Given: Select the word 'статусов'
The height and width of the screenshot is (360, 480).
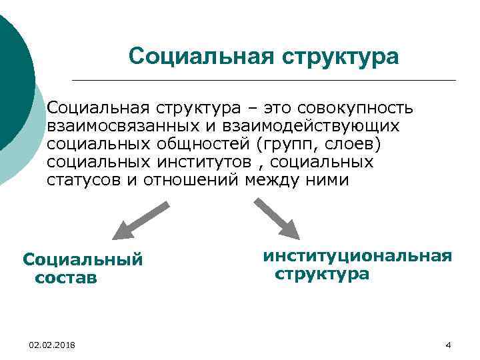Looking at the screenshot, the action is point(83,180).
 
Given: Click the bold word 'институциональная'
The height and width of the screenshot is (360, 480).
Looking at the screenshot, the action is point(357,256).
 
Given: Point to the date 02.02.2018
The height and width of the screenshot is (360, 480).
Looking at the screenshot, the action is point(52,344).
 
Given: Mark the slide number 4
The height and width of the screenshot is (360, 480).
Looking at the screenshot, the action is point(448,345).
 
